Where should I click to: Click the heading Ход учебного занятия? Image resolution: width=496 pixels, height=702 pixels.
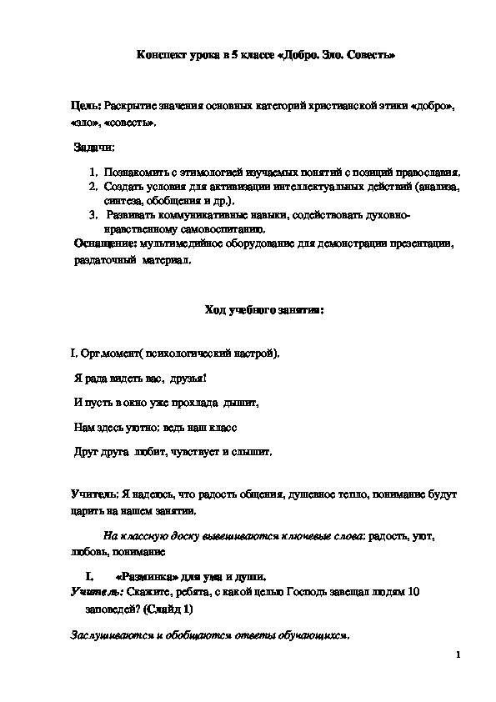[x=263, y=310]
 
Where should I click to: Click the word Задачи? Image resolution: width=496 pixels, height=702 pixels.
[x=93, y=148]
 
